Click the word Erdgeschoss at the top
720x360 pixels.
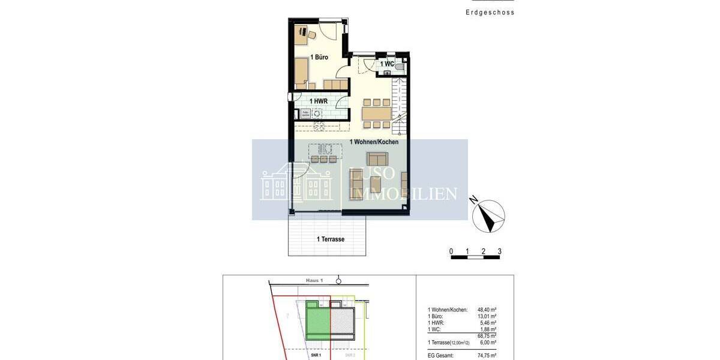pyautogui.click(x=490, y=12)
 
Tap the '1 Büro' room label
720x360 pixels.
pyautogui.click(x=319, y=57)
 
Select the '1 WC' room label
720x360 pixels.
pyautogui.click(x=387, y=64)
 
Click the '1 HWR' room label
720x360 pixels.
pyautogui.click(x=318, y=101)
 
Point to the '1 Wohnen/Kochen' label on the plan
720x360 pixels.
pyautogui.click(x=374, y=142)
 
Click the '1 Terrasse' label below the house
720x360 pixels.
pyautogui.click(x=331, y=239)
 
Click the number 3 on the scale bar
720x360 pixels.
pyautogui.click(x=499, y=251)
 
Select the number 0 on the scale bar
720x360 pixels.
pyautogui.click(x=451, y=251)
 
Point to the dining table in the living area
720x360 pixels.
pyautogui.click(x=376, y=113)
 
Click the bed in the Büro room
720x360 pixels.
pyautogui.click(x=302, y=74)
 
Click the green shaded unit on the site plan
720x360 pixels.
pyautogui.click(x=318, y=320)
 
